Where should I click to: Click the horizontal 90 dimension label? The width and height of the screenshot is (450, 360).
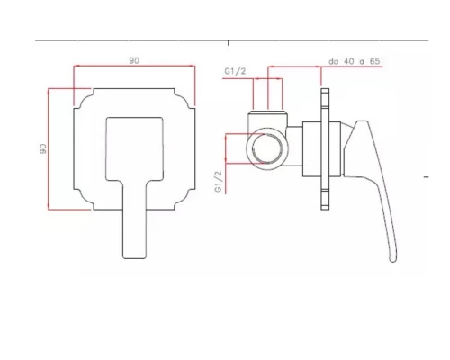click(134, 60)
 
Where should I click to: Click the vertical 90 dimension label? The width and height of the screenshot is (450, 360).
click(43, 148)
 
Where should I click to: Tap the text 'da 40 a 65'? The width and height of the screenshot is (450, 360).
click(355, 61)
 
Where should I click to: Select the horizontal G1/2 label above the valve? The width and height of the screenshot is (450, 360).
click(235, 71)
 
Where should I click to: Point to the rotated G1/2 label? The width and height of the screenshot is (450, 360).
click(218, 182)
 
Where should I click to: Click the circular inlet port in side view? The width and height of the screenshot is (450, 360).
click(266, 148)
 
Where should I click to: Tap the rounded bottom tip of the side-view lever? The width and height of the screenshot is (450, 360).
click(393, 259)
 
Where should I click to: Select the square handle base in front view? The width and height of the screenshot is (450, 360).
click(134, 149)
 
